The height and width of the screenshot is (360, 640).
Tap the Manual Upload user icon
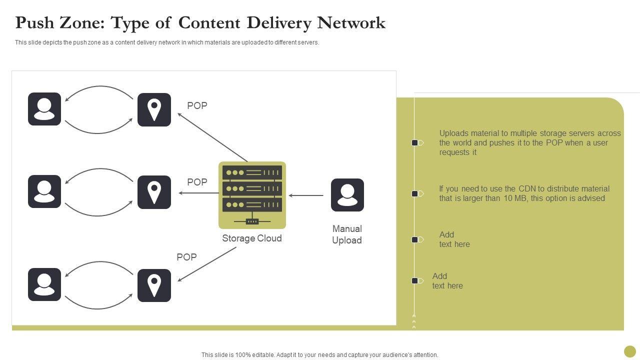(x=347, y=195)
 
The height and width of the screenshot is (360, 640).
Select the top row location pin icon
(x=154, y=109)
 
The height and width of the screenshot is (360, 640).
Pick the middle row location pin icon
(x=154, y=192)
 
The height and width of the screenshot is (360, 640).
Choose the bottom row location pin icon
(x=154, y=285)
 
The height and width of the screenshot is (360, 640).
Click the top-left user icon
(x=44, y=109)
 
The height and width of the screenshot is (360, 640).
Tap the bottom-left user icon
(x=44, y=284)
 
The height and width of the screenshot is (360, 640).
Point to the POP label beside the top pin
(x=197, y=105)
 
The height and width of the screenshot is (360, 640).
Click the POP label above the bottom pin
(x=186, y=257)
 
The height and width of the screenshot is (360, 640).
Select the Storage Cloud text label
(x=252, y=238)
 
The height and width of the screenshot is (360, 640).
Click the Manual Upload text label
(x=347, y=234)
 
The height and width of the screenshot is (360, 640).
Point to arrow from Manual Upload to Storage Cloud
(x=306, y=195)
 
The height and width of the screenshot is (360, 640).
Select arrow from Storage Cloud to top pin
(x=212, y=137)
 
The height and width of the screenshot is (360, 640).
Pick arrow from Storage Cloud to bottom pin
(x=207, y=264)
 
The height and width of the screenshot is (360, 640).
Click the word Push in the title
(x=36, y=23)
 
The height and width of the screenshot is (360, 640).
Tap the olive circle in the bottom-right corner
(x=630, y=351)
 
